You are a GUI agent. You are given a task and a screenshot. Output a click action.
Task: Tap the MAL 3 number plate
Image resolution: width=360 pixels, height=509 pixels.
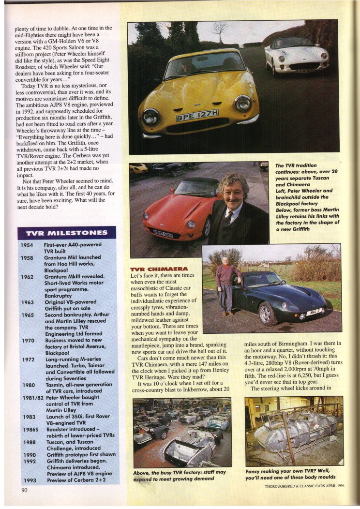315,312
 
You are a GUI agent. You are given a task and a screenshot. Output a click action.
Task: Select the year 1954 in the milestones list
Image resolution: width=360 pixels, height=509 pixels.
27,245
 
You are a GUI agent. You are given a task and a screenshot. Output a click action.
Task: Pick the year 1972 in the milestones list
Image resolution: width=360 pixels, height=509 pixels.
27,359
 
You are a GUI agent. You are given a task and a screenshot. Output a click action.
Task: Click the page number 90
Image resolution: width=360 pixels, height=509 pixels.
24,490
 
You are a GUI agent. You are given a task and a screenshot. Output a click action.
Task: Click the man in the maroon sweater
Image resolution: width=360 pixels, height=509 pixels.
226,282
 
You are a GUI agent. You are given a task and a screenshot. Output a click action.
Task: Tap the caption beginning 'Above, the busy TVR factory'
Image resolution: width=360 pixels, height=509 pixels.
180,475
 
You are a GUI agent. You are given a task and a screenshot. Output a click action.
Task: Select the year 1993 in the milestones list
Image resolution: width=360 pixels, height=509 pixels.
27,480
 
